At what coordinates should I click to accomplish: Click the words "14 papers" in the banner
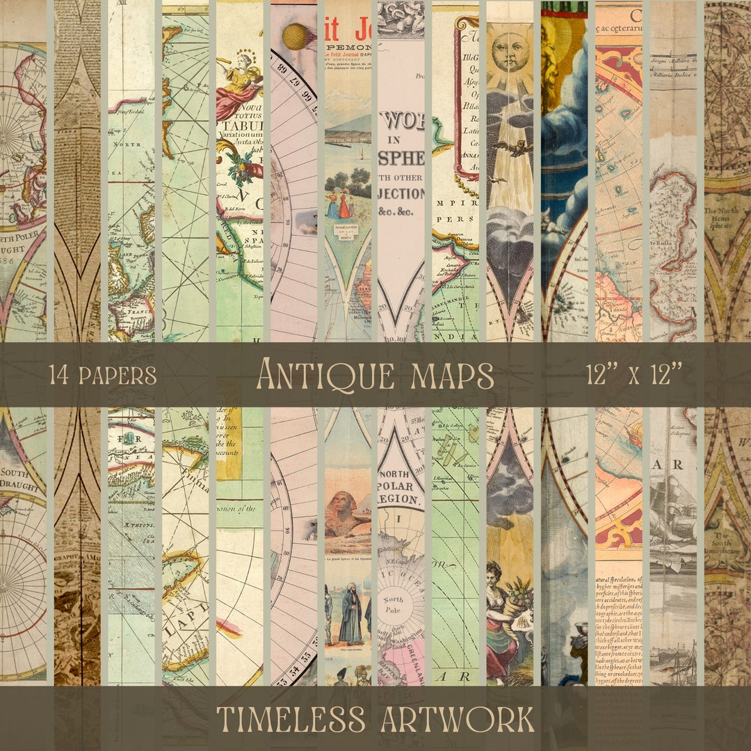102,375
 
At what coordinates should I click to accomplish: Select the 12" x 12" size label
633,375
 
